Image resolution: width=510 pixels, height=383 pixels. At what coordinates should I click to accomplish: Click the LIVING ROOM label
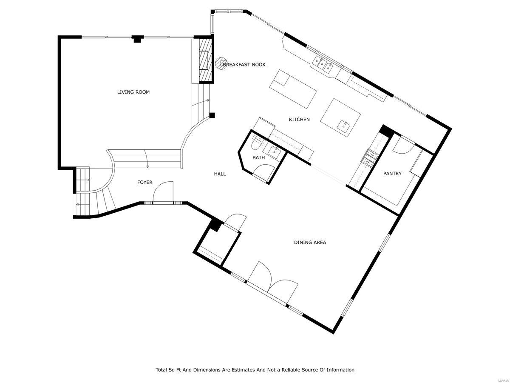pos(133,92)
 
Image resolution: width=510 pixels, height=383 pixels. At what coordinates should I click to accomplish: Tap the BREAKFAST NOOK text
pos(244,65)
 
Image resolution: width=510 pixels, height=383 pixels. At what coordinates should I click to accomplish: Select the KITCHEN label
pos(299,120)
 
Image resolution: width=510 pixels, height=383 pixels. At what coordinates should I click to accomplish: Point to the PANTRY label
pos(392,174)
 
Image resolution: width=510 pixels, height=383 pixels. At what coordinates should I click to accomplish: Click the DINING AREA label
pos(310,243)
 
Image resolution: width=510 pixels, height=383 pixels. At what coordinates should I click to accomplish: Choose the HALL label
pos(220,174)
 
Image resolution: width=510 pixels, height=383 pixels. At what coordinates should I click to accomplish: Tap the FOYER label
pos(144,183)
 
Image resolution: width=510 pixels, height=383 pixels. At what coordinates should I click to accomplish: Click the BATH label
pos(258,157)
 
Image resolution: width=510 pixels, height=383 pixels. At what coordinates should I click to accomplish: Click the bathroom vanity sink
pos(272,150)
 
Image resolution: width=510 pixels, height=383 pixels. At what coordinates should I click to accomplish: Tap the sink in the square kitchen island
pos(343,125)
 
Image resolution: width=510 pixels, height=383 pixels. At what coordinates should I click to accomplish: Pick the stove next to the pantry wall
pos(369,157)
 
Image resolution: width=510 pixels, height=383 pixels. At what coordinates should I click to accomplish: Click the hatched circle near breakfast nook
pos(221,63)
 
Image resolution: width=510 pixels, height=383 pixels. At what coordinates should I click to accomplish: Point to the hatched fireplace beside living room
pos(206,61)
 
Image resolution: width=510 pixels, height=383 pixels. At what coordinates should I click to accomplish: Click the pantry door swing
pos(402,146)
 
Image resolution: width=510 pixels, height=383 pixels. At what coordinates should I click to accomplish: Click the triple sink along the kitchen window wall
pos(323,64)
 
